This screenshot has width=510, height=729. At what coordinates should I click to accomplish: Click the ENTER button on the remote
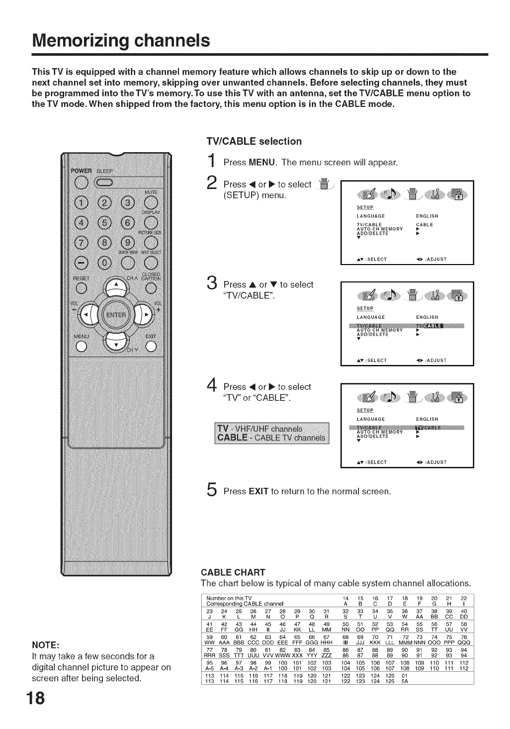tap(116, 315)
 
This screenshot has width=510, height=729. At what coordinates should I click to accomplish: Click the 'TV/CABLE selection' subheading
tap(254, 141)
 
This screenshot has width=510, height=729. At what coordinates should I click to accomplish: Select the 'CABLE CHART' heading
tap(233, 571)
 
